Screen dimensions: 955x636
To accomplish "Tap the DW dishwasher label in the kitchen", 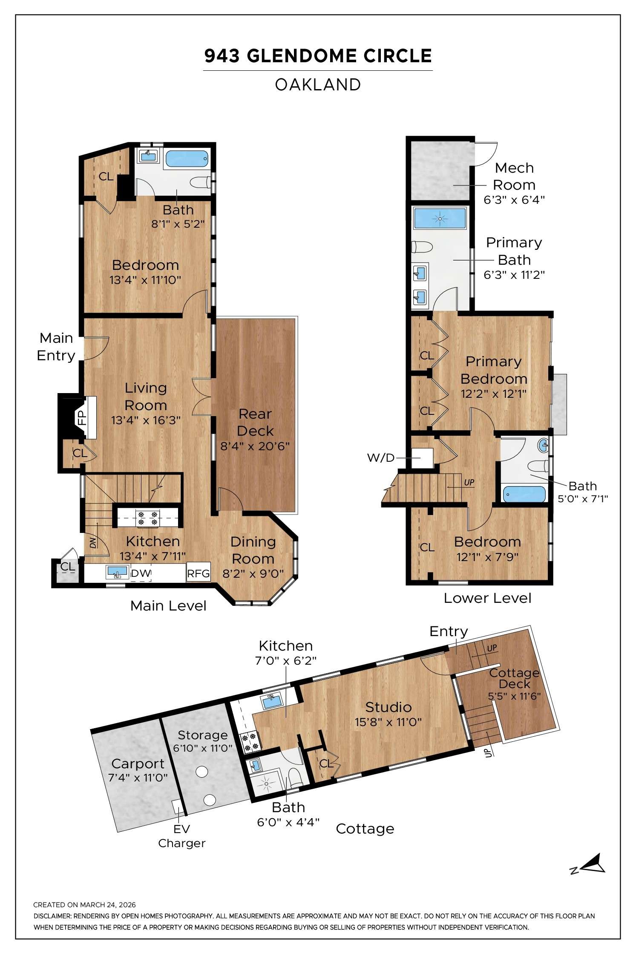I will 141,573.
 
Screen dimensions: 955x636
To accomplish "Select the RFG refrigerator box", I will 199,573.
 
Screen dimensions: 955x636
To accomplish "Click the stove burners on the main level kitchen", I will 147,518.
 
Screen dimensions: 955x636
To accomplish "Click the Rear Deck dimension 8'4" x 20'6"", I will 255,446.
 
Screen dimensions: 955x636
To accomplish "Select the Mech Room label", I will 514,176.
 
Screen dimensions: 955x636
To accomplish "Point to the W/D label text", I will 381,458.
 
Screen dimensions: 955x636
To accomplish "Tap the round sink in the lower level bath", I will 544,446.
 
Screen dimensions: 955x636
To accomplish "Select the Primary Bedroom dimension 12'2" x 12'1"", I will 494,394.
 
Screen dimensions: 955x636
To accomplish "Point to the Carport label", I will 138,764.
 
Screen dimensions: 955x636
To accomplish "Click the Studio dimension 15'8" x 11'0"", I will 388,722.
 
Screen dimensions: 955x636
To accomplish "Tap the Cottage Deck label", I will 514,679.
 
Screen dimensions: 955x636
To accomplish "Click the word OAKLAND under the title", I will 318,85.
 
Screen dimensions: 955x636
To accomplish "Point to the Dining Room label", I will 253,550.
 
